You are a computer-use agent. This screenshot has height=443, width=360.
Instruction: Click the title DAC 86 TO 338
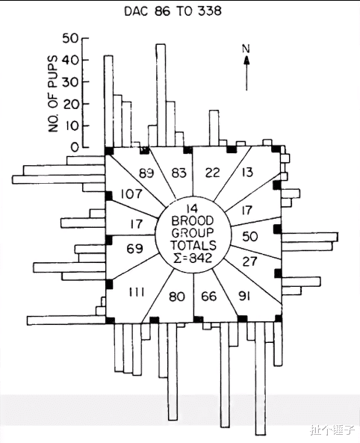[173, 11]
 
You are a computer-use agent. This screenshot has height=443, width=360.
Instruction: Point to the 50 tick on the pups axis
[85, 38]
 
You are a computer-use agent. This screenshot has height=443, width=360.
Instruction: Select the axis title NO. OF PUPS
[53, 94]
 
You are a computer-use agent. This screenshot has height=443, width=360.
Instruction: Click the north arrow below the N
[246, 73]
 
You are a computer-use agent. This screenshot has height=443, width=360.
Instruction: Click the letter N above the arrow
[246, 49]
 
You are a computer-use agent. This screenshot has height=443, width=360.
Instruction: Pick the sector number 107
[131, 194]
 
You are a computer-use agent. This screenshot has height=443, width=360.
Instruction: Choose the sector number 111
[137, 292]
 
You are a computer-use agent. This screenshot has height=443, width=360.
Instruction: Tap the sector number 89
[146, 173]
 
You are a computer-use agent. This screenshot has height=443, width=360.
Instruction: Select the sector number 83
[179, 173]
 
